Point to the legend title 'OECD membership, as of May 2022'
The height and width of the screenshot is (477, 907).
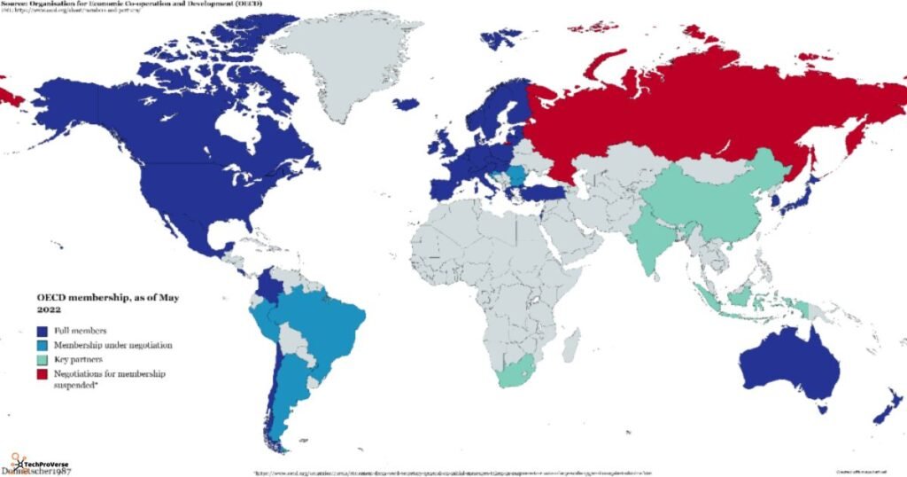[x=106, y=302]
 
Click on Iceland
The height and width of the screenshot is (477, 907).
[x=406, y=104]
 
